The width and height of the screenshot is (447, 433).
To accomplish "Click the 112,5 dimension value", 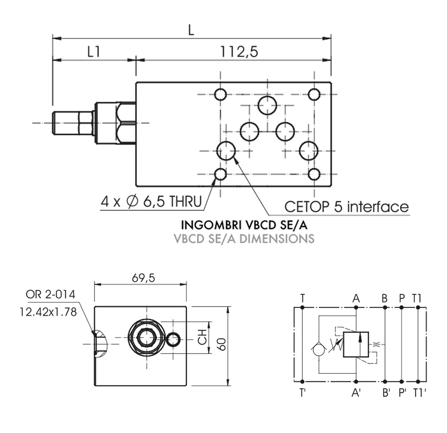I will point(240,52).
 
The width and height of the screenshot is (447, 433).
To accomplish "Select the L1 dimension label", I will point(94,52).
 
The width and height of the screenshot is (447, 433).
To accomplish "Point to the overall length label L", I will point(191,30).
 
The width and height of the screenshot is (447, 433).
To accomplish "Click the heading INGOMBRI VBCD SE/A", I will point(244,225).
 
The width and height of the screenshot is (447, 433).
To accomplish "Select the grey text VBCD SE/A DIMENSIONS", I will point(243,239).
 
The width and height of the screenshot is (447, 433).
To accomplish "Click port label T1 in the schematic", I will point(417,297).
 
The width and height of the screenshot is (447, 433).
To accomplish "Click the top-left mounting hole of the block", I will point(221,95).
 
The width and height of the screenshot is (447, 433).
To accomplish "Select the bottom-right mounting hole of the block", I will point(314,175).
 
